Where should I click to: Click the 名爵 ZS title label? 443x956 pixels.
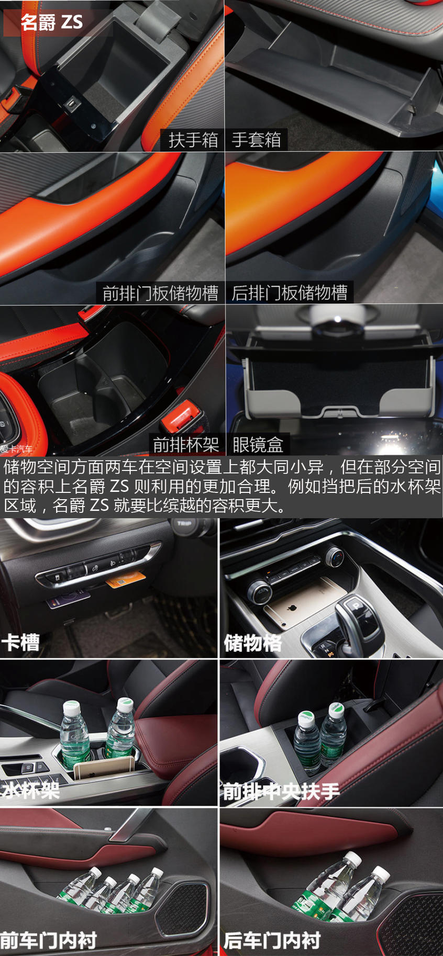tap(52, 22)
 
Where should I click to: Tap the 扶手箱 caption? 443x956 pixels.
tap(193, 140)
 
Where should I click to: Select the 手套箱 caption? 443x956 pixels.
tap(257, 140)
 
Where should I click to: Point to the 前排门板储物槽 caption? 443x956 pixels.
tap(160, 293)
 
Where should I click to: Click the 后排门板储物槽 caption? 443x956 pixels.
tap(290, 293)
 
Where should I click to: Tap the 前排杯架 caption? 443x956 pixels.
tap(186, 445)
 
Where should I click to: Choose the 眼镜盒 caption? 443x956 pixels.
tap(258, 445)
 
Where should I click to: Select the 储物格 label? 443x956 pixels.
tap(253, 643)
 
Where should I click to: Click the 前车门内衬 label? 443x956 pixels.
tap(48, 940)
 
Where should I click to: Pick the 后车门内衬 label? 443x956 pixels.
tap(272, 940)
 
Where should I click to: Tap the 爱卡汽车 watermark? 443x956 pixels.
tap(16, 449)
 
